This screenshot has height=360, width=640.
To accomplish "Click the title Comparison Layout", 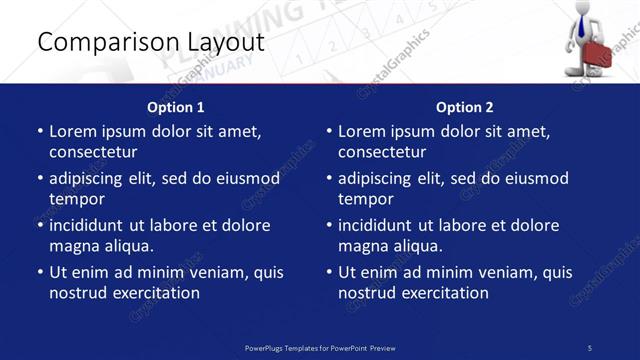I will click(x=150, y=42).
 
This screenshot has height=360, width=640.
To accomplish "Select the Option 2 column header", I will click(x=465, y=107).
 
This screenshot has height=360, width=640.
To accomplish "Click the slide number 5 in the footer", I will click(x=590, y=347).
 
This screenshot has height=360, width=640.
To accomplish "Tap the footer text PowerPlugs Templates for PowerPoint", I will click(x=320, y=347).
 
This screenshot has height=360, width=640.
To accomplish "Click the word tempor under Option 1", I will click(x=76, y=199).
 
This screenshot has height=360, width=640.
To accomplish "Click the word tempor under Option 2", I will click(x=365, y=199).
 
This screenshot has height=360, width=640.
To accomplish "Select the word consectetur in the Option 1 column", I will click(x=93, y=152).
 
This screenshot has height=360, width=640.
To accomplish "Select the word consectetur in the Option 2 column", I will click(x=382, y=152).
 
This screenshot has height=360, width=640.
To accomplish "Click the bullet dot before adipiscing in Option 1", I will click(x=39, y=179).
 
